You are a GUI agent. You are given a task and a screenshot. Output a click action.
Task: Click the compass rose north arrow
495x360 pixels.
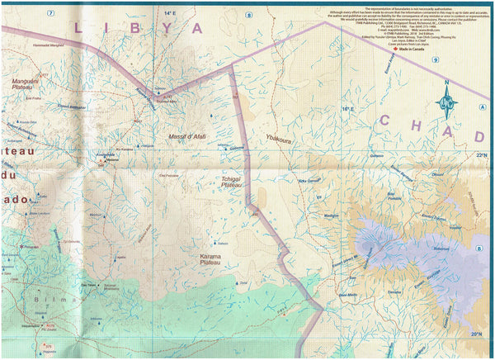(x=449, y=102)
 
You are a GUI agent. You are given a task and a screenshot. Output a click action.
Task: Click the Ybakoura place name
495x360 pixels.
(x=280, y=140)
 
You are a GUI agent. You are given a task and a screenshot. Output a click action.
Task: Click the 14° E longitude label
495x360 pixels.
(x=170, y=14)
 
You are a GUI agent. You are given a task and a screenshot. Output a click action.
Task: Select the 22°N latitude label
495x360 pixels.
(x=481, y=155)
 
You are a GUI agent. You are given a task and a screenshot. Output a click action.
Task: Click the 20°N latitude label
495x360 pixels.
(x=476, y=334)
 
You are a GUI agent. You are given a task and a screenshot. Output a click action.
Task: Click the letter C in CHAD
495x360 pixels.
(x=387, y=121)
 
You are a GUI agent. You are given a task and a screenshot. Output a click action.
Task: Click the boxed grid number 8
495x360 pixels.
(x=248, y=14)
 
